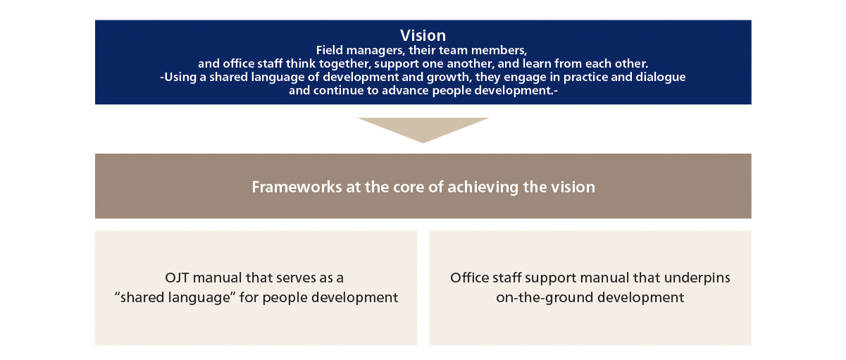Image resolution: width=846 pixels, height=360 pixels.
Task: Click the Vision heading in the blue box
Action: (x=423, y=35)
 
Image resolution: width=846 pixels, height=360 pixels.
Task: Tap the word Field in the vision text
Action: (x=330, y=51)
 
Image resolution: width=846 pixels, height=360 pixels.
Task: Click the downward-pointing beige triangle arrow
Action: (x=423, y=129)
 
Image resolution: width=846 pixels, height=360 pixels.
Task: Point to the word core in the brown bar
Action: (x=392, y=187)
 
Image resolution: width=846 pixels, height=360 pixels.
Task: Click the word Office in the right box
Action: (x=468, y=278)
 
